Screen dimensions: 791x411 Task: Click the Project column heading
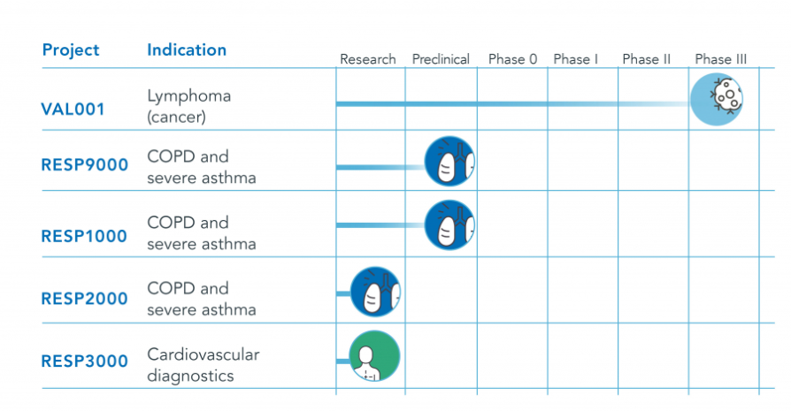71,50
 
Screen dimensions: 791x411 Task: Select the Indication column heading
187,49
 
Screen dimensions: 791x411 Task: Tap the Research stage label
368,59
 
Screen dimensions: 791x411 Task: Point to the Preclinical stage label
441,59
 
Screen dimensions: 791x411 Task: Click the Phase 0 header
512,59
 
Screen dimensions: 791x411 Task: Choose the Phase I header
576,59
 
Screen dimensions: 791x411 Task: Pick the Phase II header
646,59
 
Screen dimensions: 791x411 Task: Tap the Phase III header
720,59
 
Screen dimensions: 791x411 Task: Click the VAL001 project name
73,110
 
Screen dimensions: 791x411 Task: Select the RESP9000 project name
85,164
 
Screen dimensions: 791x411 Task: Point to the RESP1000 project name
84,236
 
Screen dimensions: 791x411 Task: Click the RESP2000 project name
84,299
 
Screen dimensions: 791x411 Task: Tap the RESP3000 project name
84,362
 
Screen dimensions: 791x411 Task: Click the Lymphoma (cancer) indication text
188,106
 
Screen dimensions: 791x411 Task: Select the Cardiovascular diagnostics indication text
204,365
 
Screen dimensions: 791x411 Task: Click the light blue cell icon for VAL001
717,99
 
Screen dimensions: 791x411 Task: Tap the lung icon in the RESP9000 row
449,161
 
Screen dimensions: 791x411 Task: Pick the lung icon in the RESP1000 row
449,225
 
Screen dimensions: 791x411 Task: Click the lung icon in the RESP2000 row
375,292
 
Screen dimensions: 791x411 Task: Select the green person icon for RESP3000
374,355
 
